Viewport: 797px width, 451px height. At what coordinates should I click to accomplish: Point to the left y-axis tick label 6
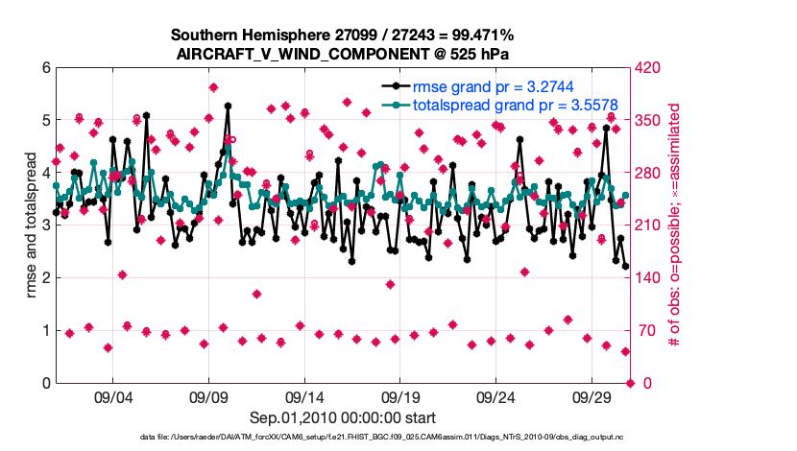point(45,68)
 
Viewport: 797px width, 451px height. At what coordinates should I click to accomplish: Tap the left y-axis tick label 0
point(45,383)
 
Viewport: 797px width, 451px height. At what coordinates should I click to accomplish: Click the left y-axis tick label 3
point(45,225)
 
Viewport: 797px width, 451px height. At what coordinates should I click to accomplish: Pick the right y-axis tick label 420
point(650,68)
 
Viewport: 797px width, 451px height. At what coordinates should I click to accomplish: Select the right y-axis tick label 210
point(650,225)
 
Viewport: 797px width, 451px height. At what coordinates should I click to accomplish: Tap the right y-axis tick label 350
point(650,121)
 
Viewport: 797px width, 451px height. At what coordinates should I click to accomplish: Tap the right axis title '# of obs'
point(675,225)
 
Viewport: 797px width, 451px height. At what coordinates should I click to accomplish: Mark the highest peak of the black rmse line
point(228,107)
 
